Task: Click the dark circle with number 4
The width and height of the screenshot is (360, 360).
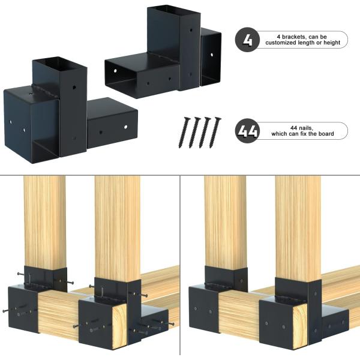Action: tap(247, 40)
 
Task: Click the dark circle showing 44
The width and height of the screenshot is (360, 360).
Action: tap(247, 131)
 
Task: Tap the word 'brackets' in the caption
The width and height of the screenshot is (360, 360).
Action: tap(293, 37)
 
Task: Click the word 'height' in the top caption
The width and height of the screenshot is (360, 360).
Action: tap(332, 43)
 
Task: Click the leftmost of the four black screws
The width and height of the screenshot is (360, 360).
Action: tap(184, 133)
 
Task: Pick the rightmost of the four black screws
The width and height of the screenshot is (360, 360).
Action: tap(215, 133)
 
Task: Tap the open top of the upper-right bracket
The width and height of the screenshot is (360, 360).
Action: tap(174, 11)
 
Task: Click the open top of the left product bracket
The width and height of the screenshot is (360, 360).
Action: tap(59, 62)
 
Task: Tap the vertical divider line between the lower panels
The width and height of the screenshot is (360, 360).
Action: tap(180, 266)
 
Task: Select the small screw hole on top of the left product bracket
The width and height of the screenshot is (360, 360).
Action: tap(31, 94)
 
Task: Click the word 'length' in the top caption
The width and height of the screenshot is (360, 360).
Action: tap(305, 43)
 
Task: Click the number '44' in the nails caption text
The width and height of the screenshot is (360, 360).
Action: tap(294, 128)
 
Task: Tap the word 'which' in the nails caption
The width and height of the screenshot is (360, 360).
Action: tap(279, 134)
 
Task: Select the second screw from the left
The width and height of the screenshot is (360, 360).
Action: tap(194, 133)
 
